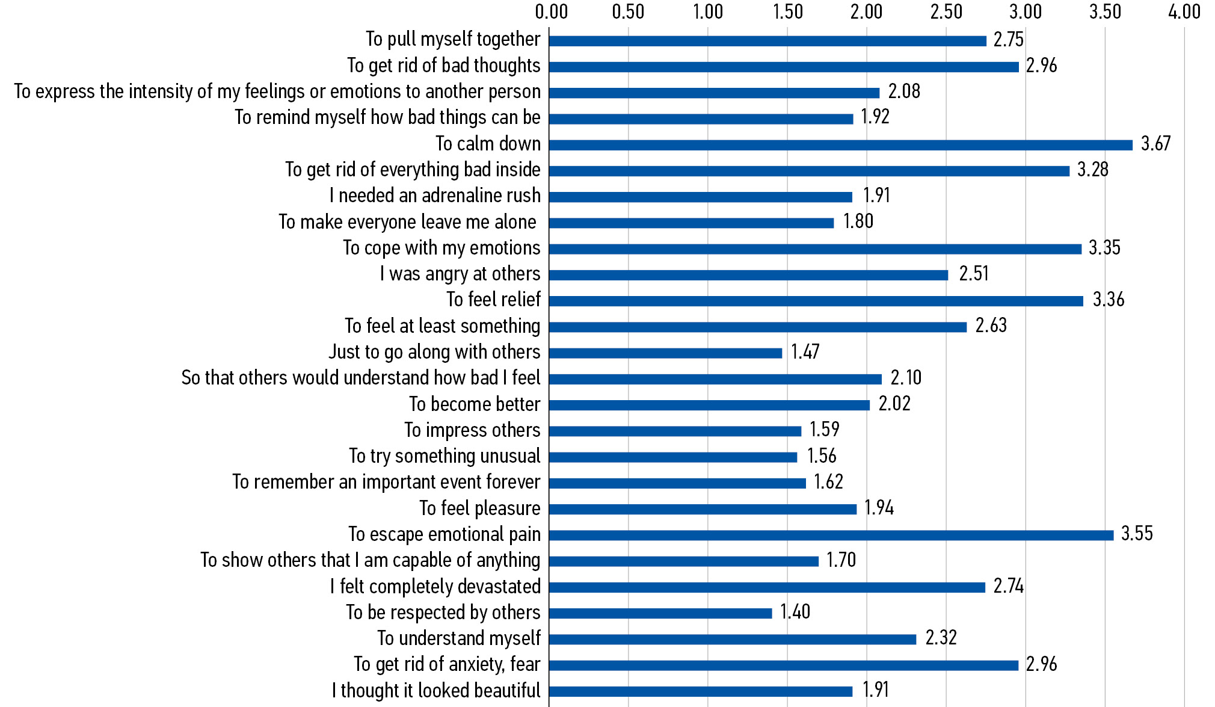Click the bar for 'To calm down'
click(x=840, y=145)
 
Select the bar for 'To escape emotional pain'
click(x=831, y=535)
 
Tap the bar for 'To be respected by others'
click(x=660, y=613)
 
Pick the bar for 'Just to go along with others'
click(x=665, y=353)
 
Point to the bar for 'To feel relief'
click(x=816, y=301)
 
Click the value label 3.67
click(x=1155, y=144)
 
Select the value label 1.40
click(x=795, y=612)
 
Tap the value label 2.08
click(x=904, y=91)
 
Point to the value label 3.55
click(x=1137, y=534)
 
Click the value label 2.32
click(x=941, y=638)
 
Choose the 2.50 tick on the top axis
click(x=946, y=11)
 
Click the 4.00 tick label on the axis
click(x=1184, y=11)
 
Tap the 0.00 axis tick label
click(x=551, y=11)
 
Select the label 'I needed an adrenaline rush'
click(x=435, y=196)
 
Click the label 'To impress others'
click(x=472, y=430)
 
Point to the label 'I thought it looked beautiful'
click(x=436, y=690)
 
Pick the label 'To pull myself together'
click(x=453, y=40)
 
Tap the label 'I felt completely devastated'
click(x=435, y=587)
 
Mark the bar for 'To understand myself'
click(x=732, y=639)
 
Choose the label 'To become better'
click(x=475, y=404)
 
